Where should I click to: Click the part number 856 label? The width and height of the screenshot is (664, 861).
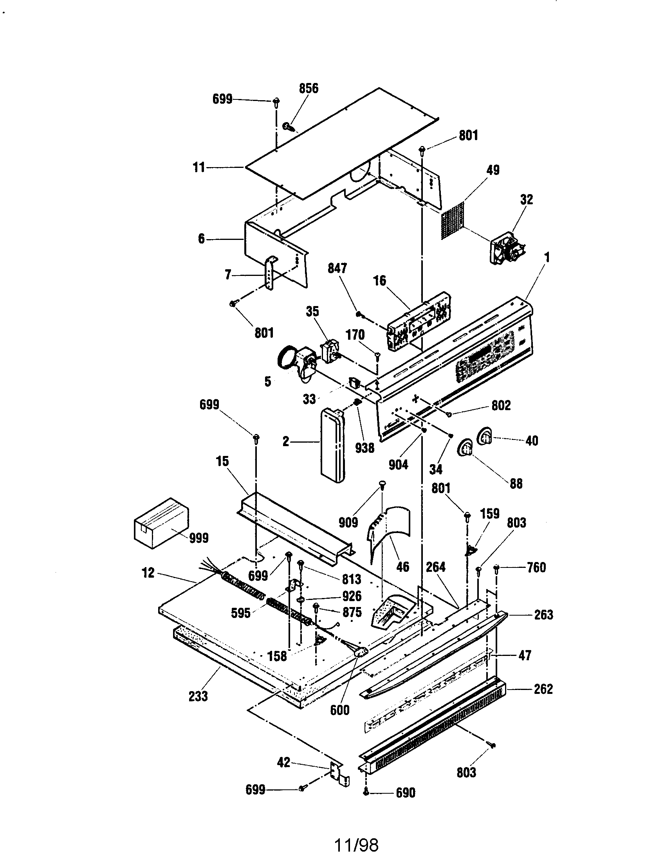click(309, 88)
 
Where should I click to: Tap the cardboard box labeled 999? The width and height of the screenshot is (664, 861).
click(160, 523)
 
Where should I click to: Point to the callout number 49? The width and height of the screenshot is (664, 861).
click(493, 170)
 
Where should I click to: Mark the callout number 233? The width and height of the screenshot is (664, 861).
click(198, 696)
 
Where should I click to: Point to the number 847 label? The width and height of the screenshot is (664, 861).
click(337, 268)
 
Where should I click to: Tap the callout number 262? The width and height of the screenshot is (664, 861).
click(543, 689)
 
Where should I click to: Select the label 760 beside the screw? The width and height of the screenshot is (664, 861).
click(536, 568)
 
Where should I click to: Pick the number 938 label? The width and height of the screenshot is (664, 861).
click(364, 448)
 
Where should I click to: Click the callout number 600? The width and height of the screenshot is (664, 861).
click(339, 710)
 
